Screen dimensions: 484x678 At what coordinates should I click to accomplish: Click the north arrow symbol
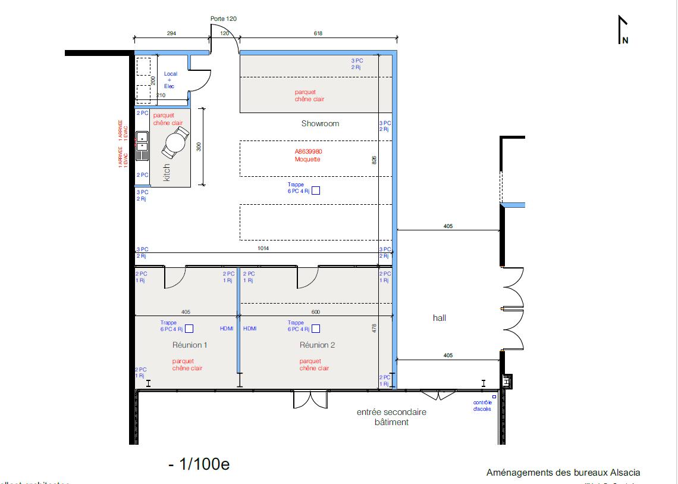tap(623, 30)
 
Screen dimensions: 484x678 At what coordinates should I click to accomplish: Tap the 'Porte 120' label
tap(224, 19)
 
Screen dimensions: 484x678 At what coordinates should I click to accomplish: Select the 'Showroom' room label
tap(320, 124)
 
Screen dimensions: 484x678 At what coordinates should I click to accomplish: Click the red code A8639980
tap(309, 152)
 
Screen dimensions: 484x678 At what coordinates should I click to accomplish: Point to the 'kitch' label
tap(167, 172)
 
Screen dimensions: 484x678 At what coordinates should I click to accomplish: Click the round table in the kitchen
tap(176, 142)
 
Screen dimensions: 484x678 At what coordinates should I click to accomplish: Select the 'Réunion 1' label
tap(190, 345)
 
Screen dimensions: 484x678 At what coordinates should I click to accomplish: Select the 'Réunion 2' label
tap(318, 345)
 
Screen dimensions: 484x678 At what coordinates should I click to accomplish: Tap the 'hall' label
tap(440, 318)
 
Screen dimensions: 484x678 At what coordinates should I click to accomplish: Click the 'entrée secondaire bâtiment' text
tap(391, 417)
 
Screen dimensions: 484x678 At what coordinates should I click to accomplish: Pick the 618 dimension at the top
tap(318, 33)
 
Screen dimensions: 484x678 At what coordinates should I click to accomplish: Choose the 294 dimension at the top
tap(172, 33)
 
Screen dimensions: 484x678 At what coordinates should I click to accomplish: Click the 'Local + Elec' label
tap(170, 80)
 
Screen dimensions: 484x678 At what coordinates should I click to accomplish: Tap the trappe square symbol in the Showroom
tap(316, 191)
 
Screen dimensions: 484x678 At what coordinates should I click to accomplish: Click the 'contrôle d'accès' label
tap(482, 405)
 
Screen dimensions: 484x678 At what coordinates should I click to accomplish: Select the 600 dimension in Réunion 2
tap(315, 311)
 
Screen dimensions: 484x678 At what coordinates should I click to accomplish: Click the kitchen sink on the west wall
tap(142, 146)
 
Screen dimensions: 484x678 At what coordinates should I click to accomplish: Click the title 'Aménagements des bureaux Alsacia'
tap(563, 473)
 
